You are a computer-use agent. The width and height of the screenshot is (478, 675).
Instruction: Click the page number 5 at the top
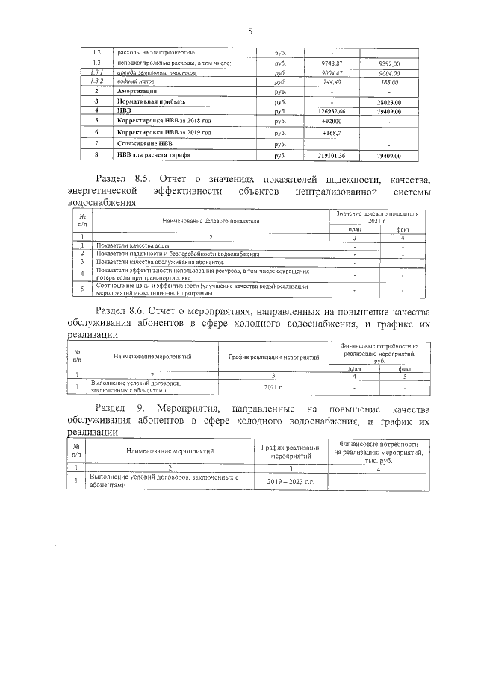click(x=250, y=31)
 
